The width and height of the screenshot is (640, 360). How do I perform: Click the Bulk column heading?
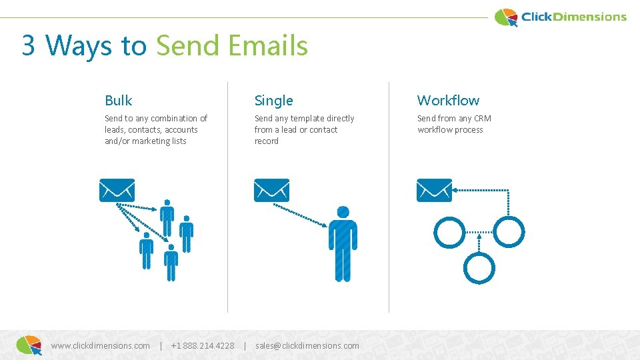point(119,101)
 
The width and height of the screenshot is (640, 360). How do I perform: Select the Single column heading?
point(273,101)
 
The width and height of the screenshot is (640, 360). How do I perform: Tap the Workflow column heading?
point(448,101)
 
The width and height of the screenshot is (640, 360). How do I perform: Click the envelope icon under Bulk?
point(117,190)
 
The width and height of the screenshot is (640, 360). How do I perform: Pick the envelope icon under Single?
point(271,190)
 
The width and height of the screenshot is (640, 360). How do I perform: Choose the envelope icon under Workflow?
point(434,190)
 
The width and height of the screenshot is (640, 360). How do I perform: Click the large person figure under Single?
point(343,243)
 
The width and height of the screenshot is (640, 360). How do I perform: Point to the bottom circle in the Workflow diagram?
point(479,267)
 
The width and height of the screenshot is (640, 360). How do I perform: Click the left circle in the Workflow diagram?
point(449,231)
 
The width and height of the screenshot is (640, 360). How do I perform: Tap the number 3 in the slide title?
point(28,46)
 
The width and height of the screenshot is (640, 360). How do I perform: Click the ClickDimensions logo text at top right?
point(573,17)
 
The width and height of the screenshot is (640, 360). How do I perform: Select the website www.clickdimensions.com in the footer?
point(100,345)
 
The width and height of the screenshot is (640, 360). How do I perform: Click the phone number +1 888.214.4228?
point(203,345)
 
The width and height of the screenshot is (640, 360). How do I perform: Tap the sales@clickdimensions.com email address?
point(307,345)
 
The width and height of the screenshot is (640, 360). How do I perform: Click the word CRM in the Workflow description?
point(483,119)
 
